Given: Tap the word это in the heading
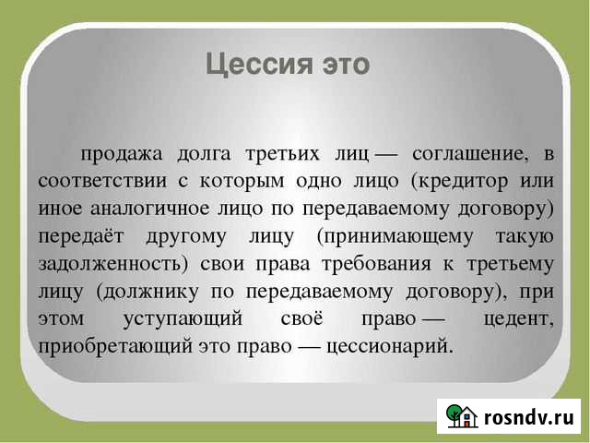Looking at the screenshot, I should (344, 66).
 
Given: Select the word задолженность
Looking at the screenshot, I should (117, 263).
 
